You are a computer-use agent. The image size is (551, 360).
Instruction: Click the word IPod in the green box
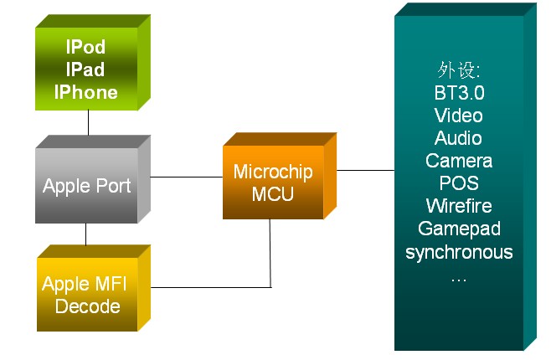click(x=86, y=47)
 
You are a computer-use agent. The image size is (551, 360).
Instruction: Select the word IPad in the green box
click(x=86, y=69)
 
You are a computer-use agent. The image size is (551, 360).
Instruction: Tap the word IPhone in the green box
click(x=86, y=91)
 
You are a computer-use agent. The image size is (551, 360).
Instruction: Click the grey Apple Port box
click(x=87, y=186)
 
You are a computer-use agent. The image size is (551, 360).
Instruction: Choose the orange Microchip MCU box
click(x=273, y=183)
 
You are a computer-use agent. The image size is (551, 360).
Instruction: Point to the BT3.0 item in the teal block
click(x=459, y=93)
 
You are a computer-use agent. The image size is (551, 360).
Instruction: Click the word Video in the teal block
click(x=459, y=116)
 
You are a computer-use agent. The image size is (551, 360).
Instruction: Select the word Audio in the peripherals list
click(x=459, y=138)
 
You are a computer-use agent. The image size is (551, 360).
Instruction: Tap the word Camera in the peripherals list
click(x=459, y=161)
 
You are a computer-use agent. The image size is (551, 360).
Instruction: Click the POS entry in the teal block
click(x=459, y=183)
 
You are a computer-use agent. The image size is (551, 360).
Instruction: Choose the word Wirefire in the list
click(x=459, y=206)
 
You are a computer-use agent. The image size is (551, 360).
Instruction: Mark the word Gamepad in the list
click(x=459, y=229)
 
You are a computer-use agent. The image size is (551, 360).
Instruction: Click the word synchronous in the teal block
click(x=459, y=252)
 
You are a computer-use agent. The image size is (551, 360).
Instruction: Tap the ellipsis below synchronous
click(x=459, y=276)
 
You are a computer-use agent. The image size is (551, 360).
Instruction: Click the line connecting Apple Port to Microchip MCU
click(x=187, y=177)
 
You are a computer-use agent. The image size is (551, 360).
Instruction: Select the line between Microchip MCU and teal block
click(x=365, y=170)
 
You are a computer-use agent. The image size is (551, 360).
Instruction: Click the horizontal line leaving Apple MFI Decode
click(x=209, y=287)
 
